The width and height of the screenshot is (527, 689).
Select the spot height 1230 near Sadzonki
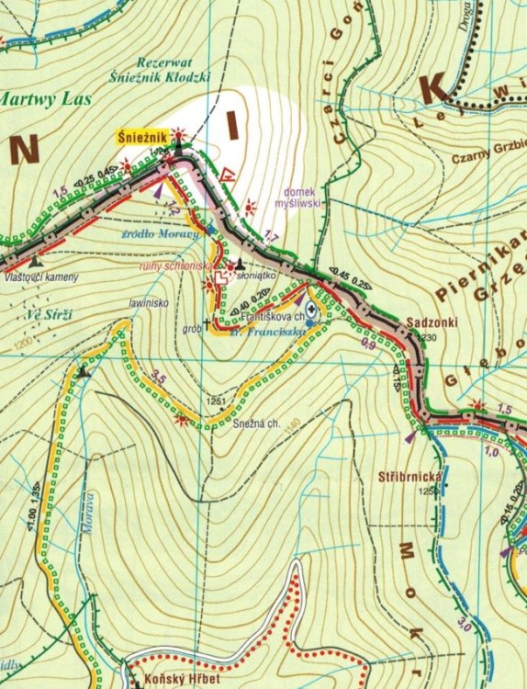point(430,337)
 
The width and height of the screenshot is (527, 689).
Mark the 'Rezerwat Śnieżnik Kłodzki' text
point(174,71)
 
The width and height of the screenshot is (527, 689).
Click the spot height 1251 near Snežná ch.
point(219,402)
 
